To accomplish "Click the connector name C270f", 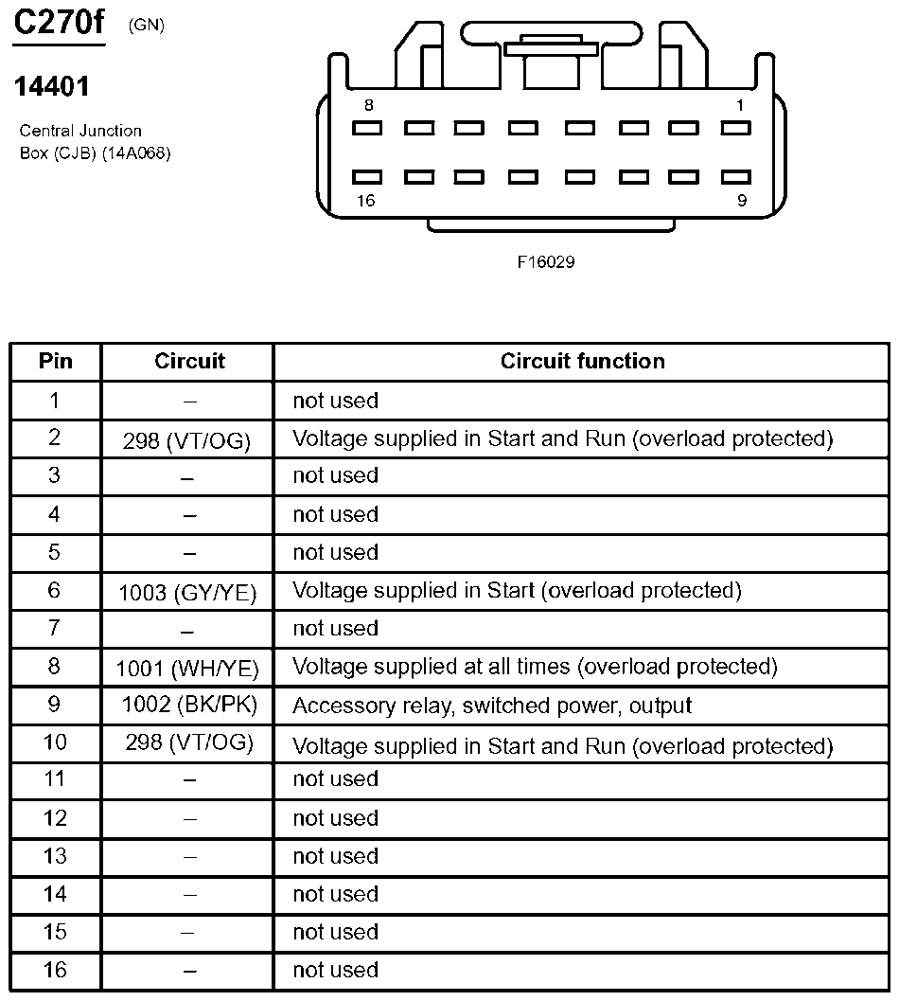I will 58,23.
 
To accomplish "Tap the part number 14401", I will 52,87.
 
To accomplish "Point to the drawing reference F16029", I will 545,262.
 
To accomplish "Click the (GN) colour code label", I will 146,26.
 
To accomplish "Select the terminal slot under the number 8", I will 367,128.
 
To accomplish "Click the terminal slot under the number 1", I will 735,128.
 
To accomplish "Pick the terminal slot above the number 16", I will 367,177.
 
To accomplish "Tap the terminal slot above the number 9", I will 735,177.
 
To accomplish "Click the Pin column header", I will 55,361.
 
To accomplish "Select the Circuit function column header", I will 582,361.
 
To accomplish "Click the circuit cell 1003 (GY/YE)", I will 187,592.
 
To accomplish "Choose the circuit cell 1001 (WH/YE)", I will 187,668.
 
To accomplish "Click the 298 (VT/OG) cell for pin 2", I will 187,440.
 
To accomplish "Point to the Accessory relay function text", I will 492,706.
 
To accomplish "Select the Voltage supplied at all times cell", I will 535,667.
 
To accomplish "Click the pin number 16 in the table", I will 55,970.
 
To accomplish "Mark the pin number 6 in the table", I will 55,591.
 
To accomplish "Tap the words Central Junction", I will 80,131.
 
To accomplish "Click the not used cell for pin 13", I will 335,856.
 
